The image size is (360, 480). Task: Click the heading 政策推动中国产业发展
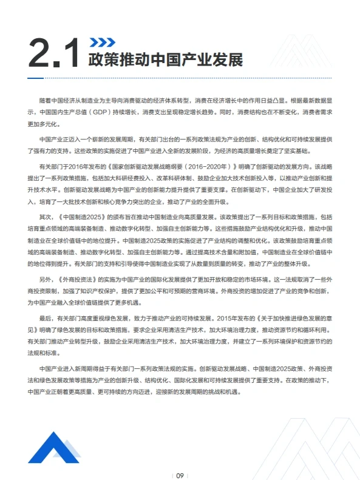(165, 61)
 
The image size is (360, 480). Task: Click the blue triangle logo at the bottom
(53, 446)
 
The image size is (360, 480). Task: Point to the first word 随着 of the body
(46, 100)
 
